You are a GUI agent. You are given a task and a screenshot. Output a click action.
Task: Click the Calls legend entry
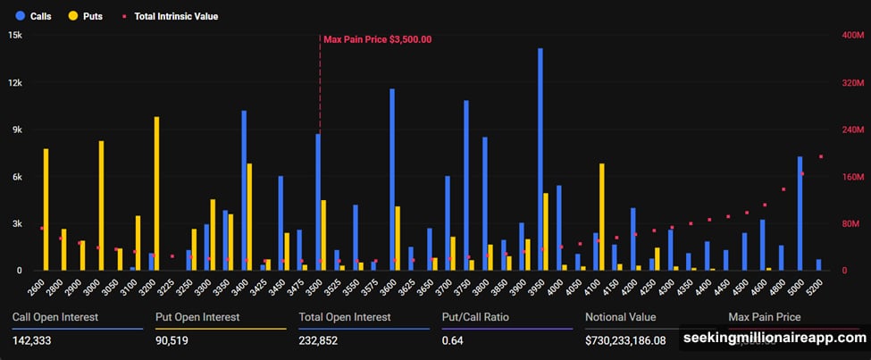click(33, 16)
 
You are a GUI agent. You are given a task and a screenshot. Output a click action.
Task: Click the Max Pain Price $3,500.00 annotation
click(377, 39)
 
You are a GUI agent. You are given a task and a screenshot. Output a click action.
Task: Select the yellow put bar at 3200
click(157, 193)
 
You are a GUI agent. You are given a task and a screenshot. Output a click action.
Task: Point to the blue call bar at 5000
click(800, 213)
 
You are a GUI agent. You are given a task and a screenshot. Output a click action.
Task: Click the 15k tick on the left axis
click(15, 36)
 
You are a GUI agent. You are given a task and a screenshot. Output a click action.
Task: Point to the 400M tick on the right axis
click(854, 36)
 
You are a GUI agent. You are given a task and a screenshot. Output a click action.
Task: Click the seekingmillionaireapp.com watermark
click(775, 339)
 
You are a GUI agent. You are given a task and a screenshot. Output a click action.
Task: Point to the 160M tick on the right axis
click(854, 177)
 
